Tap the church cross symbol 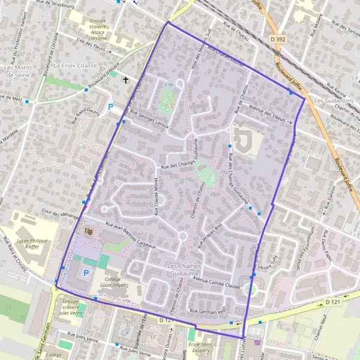pos(126,80)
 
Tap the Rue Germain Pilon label pos(207,311)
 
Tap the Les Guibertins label pos(334,101)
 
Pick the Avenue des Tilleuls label pos(268,115)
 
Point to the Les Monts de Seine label pos(18,71)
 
